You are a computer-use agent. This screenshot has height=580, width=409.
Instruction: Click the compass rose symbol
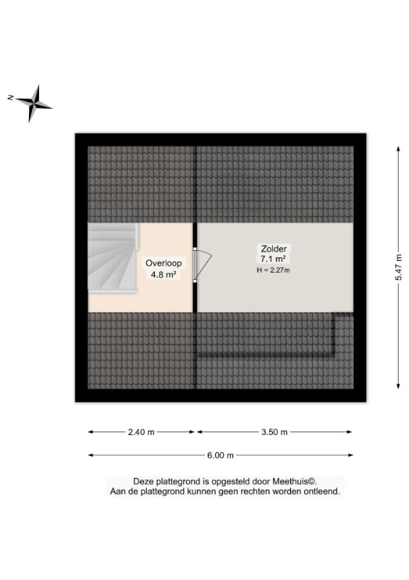(34, 104)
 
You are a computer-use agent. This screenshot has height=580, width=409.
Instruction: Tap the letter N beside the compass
(11, 97)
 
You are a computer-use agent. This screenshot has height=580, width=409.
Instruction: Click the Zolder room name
(274, 249)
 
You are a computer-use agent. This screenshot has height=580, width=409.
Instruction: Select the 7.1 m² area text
(274, 259)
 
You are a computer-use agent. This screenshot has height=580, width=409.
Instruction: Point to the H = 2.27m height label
(274, 270)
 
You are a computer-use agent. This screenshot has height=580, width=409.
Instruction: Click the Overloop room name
(164, 263)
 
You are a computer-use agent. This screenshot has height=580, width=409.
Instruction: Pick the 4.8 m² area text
(163, 275)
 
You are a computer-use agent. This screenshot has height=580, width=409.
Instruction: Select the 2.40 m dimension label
(141, 432)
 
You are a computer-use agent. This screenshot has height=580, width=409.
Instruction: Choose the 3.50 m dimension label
(274, 432)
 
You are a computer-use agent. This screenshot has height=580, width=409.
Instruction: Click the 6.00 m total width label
(220, 455)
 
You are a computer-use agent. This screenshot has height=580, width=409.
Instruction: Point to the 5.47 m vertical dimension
(398, 267)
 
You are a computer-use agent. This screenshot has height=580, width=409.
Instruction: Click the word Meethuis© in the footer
(295, 481)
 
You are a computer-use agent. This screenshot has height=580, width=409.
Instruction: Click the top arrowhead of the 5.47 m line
(398, 149)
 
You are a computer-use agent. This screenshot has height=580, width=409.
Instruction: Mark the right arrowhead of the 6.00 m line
(350, 455)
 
